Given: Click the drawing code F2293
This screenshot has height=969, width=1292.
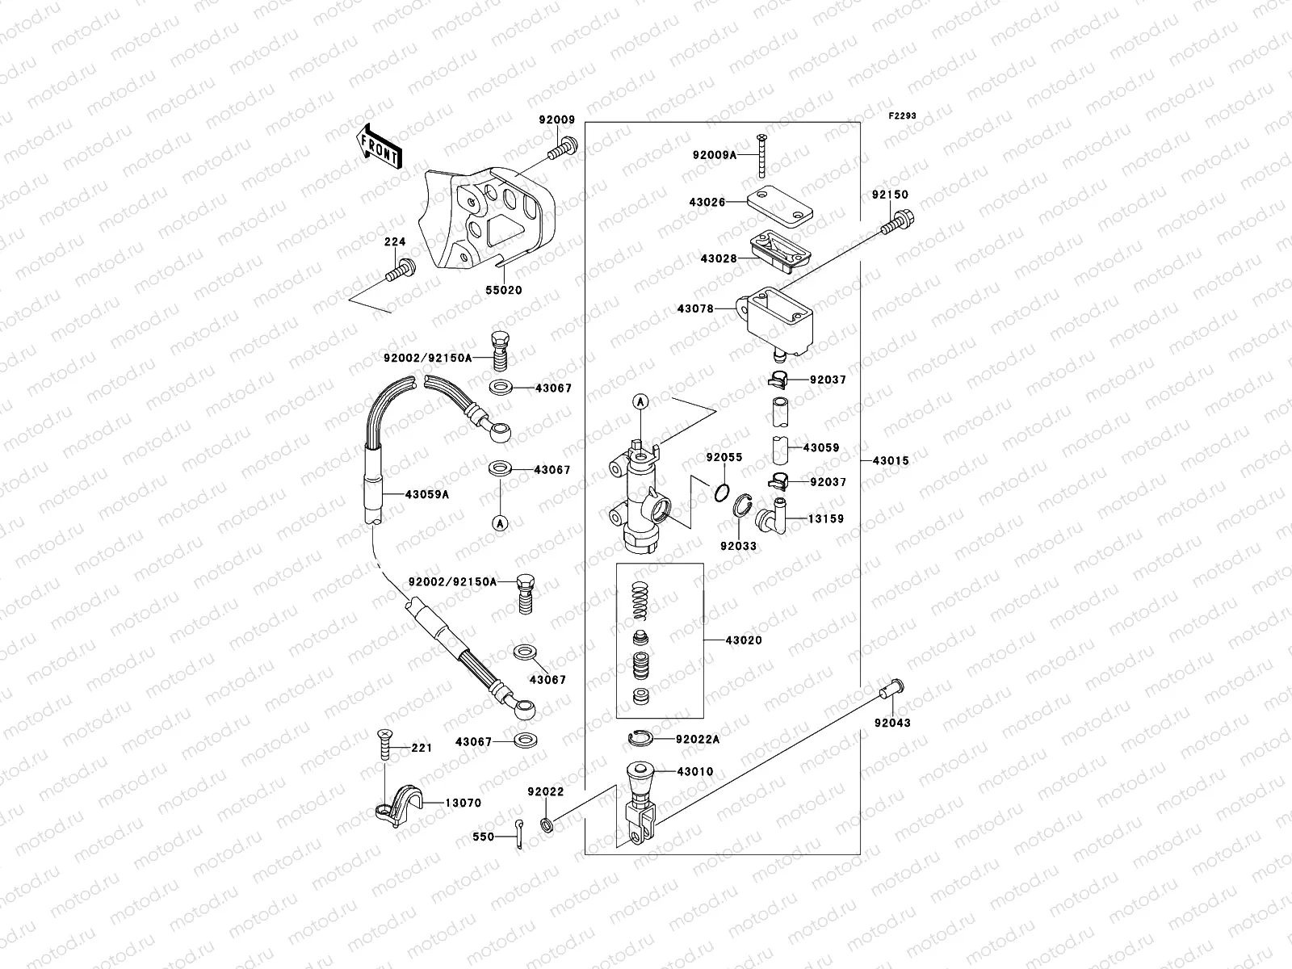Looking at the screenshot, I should (x=903, y=116).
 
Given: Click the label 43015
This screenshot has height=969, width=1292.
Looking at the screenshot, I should (x=891, y=461).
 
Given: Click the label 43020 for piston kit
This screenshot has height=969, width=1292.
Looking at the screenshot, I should (x=743, y=640).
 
